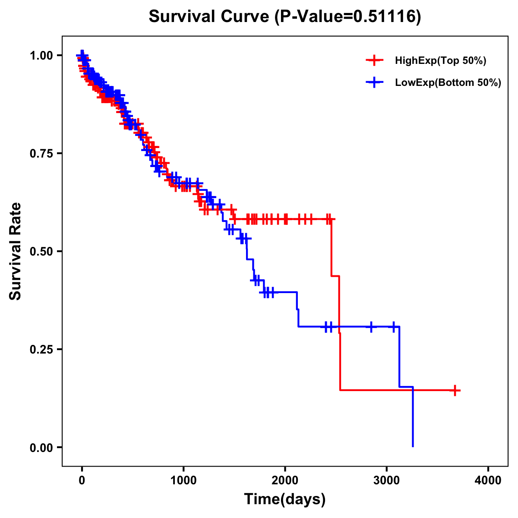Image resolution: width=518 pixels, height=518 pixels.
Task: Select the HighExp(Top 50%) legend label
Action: coord(440,61)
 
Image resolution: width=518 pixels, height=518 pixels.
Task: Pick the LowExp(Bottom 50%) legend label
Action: coord(448,83)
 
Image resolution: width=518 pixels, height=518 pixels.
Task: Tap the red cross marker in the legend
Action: coord(374,60)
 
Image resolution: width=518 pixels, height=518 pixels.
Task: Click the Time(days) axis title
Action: coord(284,499)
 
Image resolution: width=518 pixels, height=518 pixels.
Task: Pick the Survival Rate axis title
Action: coord(16,251)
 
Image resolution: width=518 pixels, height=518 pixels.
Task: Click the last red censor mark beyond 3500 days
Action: coord(455,390)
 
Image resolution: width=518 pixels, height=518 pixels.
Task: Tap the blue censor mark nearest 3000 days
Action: coord(394,326)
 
